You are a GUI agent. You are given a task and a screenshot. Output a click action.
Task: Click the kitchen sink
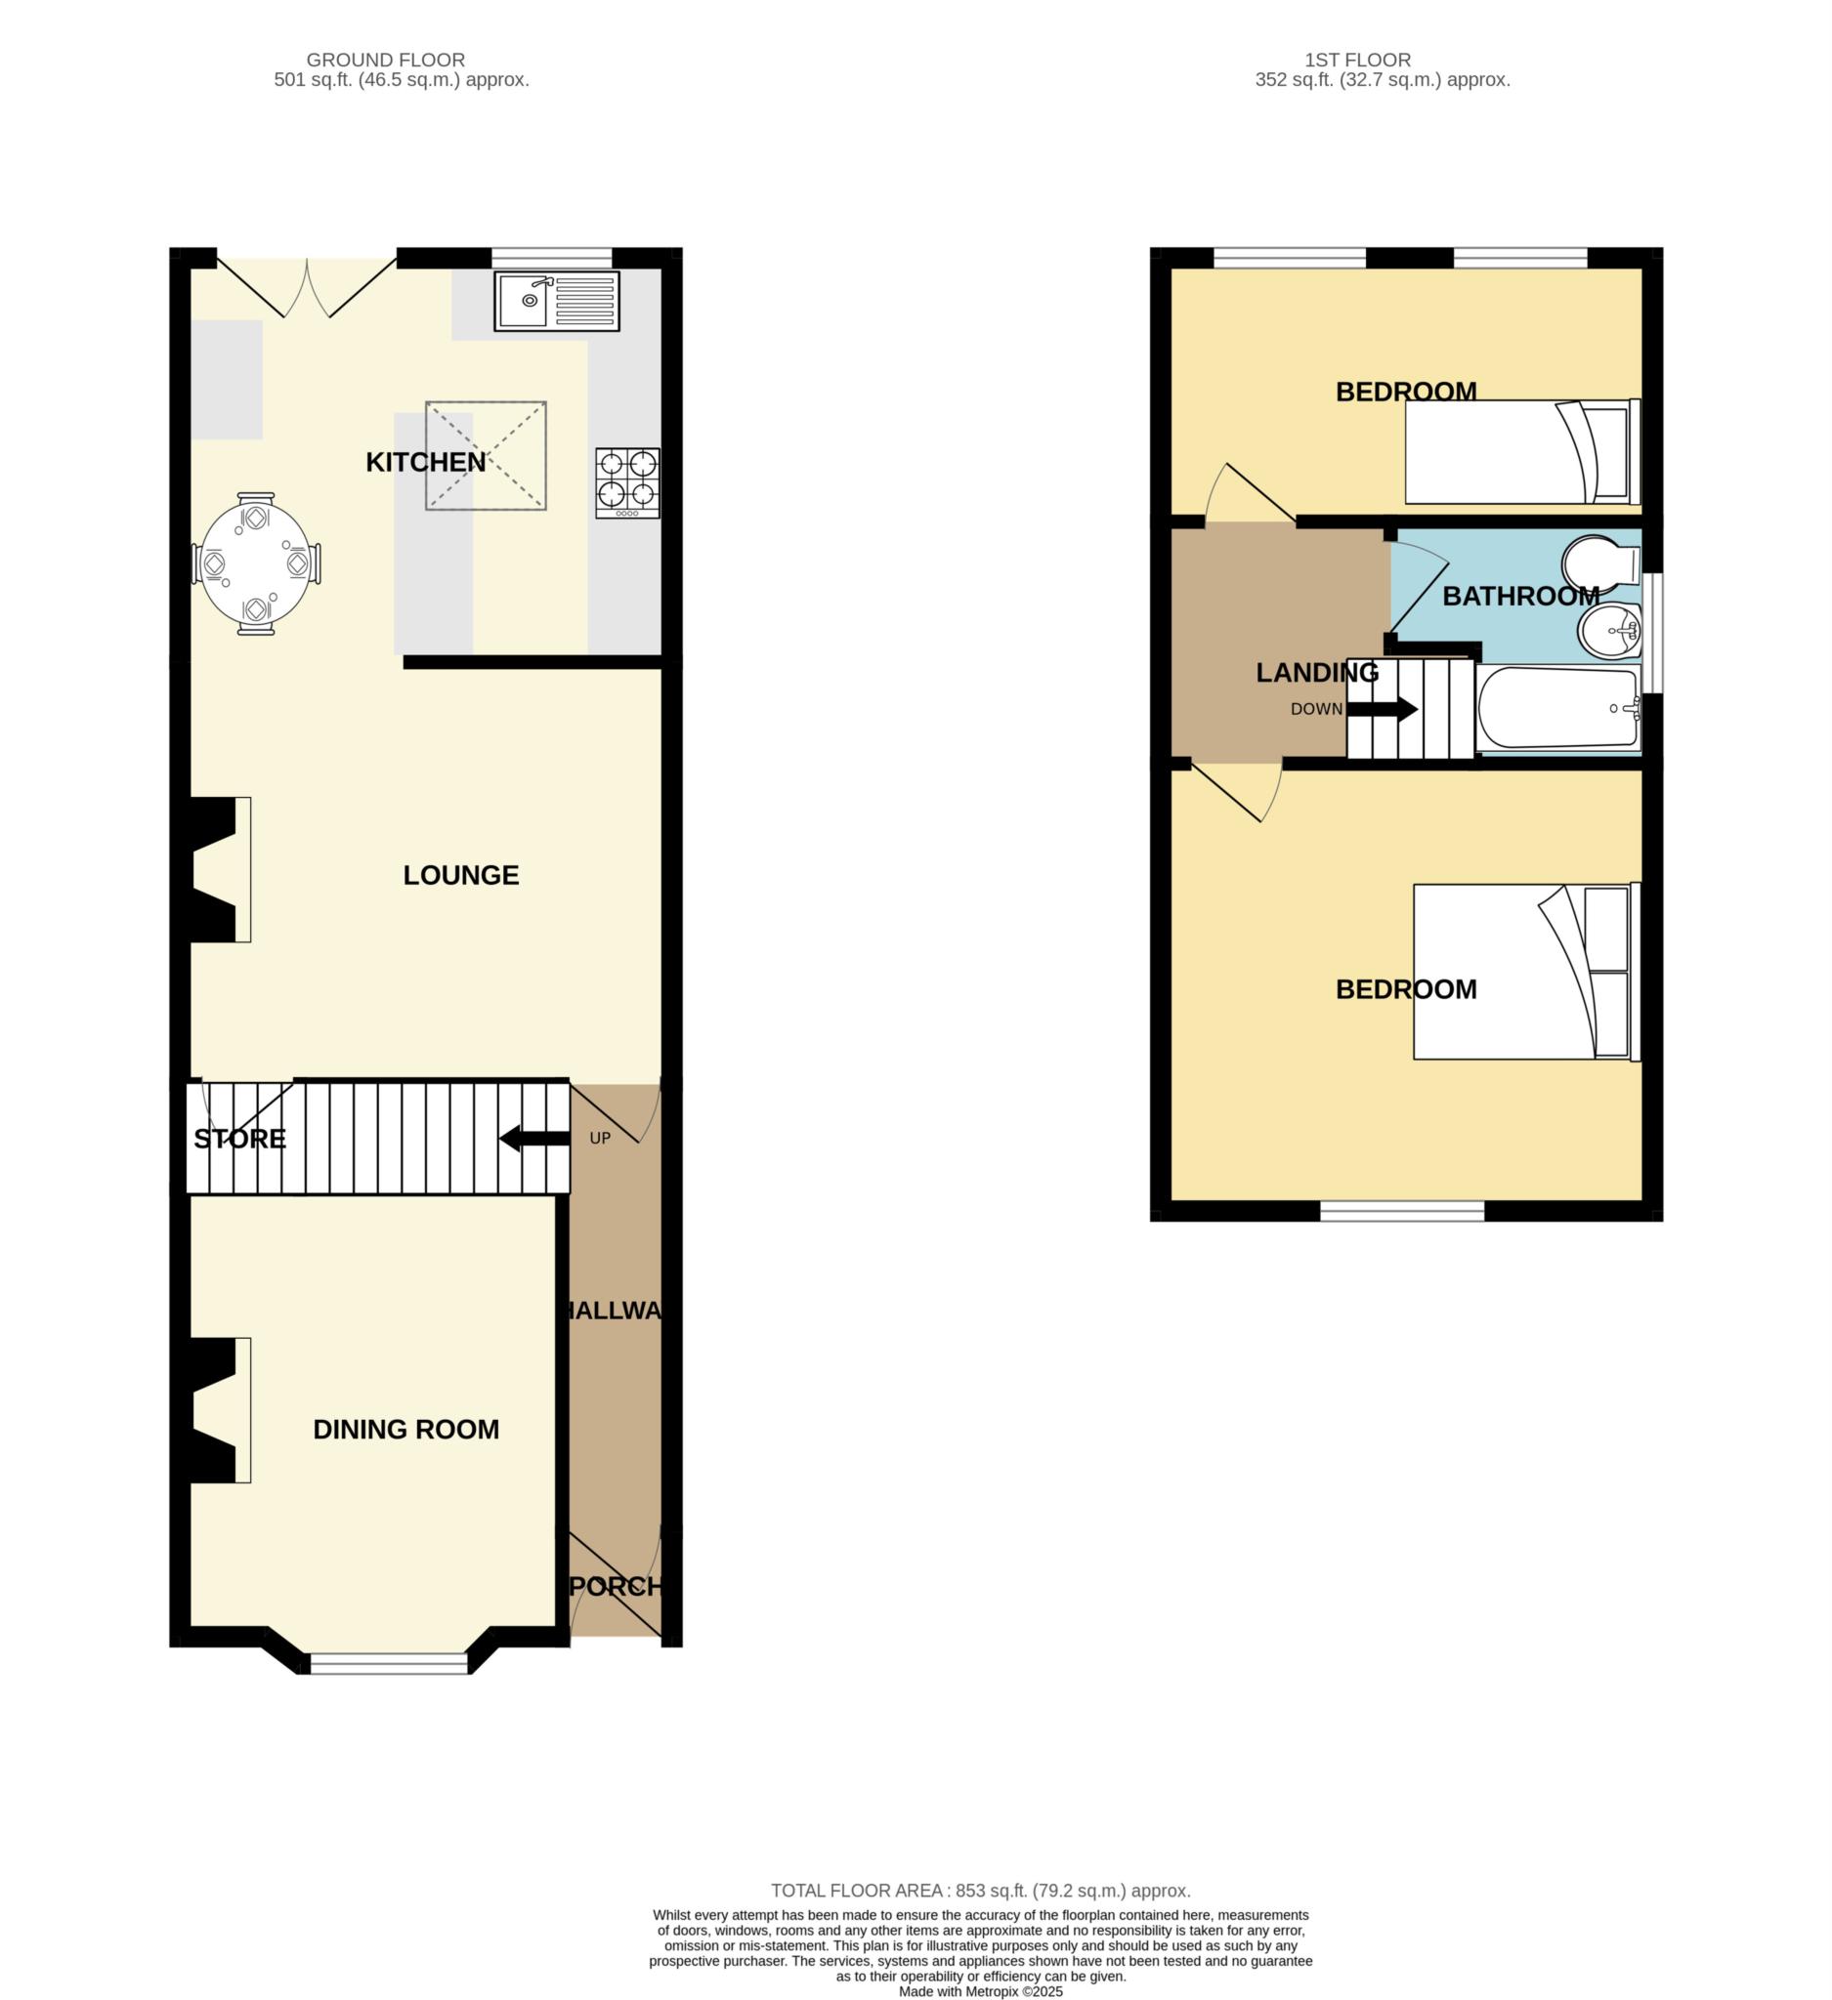point(556,301)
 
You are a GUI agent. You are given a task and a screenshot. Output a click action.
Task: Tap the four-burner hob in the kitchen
point(627,482)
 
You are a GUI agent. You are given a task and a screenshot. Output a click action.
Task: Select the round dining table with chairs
point(256,563)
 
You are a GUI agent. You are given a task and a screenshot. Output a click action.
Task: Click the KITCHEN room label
point(426,462)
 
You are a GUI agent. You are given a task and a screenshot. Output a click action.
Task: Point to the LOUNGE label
point(460,875)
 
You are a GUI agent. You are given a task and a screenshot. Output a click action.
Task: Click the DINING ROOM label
point(405,1430)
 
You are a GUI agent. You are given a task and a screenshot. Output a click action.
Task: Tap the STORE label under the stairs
point(239,1139)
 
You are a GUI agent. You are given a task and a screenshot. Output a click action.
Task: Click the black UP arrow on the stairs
point(533,1139)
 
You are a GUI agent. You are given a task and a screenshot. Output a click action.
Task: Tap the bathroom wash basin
point(1607,631)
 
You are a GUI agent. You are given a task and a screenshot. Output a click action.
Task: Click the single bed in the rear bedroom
point(1521,452)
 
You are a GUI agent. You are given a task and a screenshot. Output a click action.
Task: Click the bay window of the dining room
point(388,1664)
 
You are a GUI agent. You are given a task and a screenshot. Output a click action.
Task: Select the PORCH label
point(616,1586)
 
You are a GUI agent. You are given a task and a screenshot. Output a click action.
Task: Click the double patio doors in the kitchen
point(307,288)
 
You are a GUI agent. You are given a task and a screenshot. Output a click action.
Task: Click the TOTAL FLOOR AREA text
point(980,1891)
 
